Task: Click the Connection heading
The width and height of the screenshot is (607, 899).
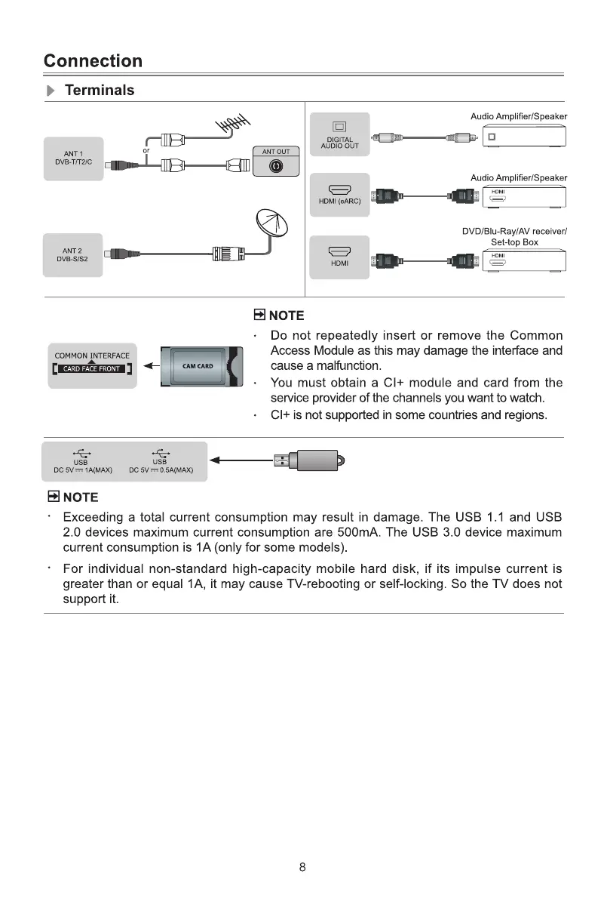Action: [x=93, y=60]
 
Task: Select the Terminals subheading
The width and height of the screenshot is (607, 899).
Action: [x=100, y=91]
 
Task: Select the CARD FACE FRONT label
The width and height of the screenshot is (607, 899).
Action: [x=91, y=369]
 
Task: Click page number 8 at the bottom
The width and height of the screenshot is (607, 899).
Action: [x=302, y=867]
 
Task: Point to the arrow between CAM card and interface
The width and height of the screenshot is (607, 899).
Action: [x=152, y=366]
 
